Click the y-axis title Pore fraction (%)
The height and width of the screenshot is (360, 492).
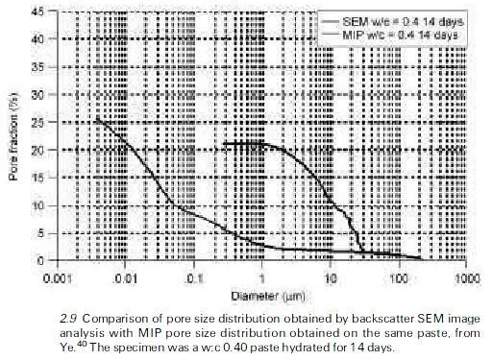13,134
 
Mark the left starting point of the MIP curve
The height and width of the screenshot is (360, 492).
97,119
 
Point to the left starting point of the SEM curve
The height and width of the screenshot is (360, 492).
223,145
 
